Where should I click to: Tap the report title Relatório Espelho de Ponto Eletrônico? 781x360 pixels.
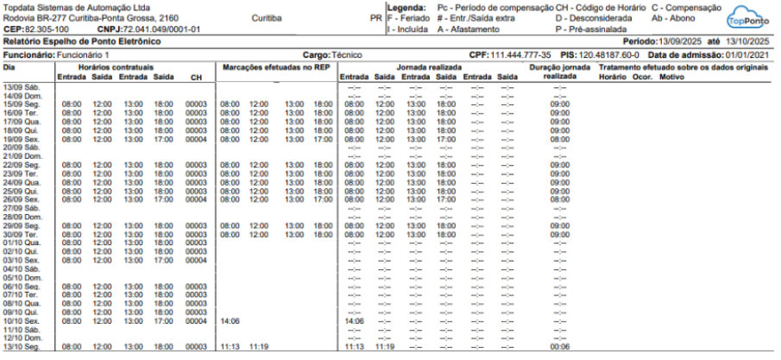coord(81,41)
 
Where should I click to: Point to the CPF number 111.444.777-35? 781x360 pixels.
coord(520,54)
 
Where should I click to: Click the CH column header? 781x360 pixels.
coord(196,76)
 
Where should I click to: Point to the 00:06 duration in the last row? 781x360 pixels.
coord(559,346)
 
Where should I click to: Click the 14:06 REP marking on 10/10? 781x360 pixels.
coord(230,320)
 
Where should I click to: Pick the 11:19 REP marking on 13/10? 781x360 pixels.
coord(258,346)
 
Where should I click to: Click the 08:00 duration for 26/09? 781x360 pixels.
coord(559,199)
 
